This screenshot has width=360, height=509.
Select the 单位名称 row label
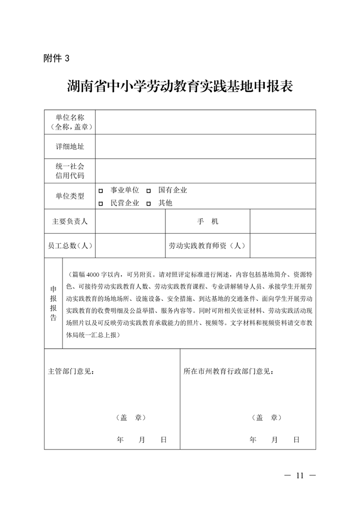(70, 122)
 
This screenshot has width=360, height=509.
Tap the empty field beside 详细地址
(206, 146)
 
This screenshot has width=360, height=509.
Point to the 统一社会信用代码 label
(70, 171)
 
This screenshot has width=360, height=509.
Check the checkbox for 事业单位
(101, 190)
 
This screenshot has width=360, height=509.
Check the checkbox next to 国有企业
(149, 190)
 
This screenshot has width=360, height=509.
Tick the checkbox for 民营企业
(101, 204)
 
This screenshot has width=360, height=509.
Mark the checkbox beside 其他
(149, 204)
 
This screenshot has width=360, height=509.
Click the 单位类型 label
(70, 196)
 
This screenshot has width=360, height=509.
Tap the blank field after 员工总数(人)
(131, 246)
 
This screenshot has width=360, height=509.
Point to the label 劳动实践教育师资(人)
(207, 246)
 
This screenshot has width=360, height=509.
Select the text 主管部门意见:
(71, 372)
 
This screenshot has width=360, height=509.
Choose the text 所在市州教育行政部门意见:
(229, 372)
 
